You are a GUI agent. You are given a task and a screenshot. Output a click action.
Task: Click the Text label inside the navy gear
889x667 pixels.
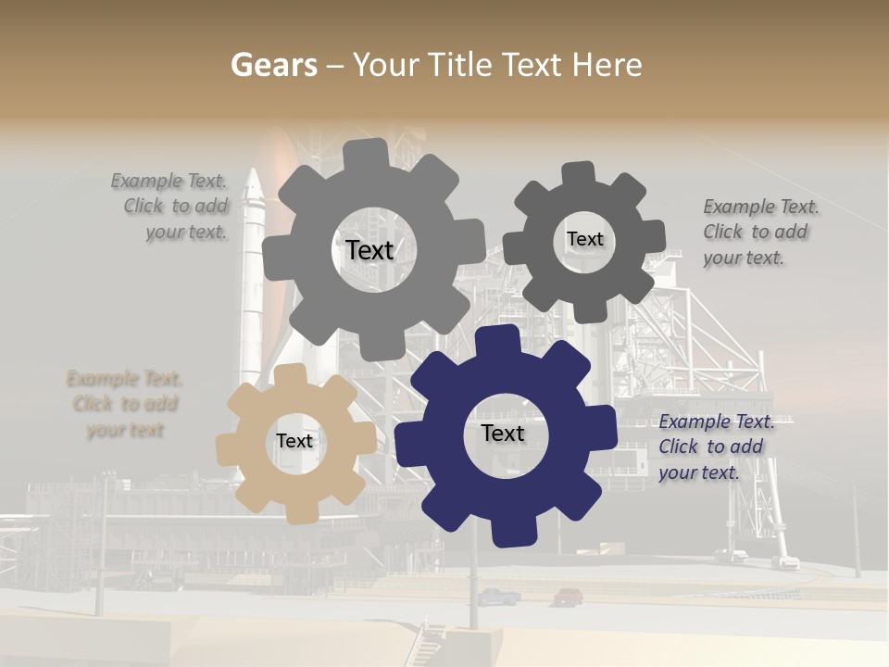503,434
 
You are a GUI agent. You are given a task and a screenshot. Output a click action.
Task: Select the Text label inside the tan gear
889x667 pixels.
294,442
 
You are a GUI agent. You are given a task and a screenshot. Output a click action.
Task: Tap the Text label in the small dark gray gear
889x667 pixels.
584,239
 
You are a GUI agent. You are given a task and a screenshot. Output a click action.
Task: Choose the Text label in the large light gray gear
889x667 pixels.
369,250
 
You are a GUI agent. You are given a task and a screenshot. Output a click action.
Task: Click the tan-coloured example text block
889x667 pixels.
125,404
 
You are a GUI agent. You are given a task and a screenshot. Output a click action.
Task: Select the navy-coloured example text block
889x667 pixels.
716,447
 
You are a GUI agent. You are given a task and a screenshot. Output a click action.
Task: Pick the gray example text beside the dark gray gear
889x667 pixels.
760,232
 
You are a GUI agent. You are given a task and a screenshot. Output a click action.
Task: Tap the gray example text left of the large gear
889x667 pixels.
171,207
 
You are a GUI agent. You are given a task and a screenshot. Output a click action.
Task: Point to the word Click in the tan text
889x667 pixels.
94,404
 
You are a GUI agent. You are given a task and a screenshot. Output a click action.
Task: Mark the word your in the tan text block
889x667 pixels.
107,430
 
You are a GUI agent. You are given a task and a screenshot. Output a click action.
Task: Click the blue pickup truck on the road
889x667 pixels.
498,597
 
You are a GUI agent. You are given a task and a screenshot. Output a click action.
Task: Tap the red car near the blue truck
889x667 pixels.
568,596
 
